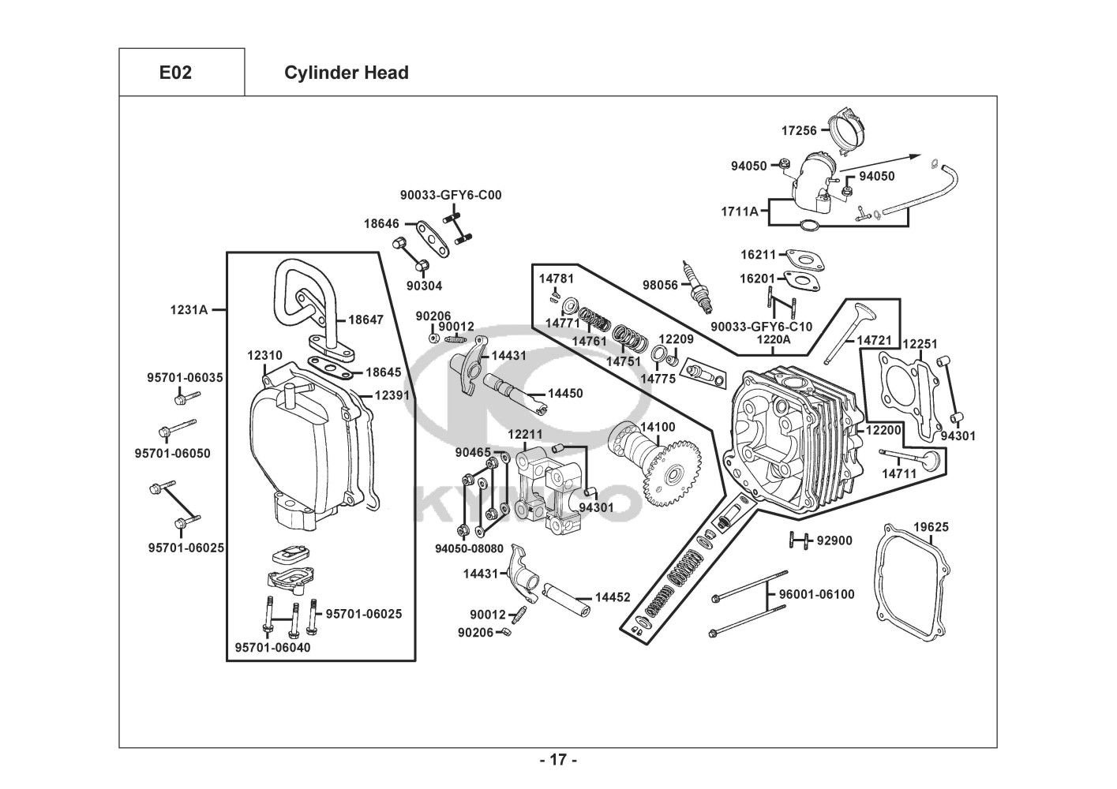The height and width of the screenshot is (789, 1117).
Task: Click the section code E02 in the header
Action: (x=175, y=73)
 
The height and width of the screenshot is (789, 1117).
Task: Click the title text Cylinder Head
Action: (x=346, y=73)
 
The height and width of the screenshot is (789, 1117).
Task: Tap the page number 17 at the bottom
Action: (x=557, y=760)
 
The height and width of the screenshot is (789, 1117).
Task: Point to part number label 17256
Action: (x=799, y=130)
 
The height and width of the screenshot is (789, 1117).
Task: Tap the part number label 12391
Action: (x=392, y=395)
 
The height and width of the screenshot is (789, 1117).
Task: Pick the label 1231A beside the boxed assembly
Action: (x=189, y=310)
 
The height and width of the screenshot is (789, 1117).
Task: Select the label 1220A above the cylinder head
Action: (x=773, y=339)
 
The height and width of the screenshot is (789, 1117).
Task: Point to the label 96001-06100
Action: (x=816, y=594)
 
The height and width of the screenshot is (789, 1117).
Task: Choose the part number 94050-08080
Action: (x=469, y=548)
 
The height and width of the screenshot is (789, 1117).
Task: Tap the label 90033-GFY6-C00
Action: (x=451, y=195)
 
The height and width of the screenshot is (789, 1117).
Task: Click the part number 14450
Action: (x=565, y=393)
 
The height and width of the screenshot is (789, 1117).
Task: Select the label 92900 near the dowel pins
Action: (x=834, y=540)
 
